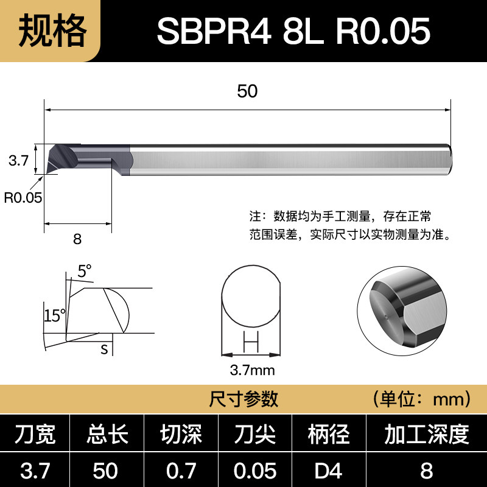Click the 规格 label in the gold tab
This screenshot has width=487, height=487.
(52, 30)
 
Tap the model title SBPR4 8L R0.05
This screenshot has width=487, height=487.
(293, 31)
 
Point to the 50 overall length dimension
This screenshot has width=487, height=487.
(247, 91)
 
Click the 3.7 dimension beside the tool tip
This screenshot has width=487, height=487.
(18, 160)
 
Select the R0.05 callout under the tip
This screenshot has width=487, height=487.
(23, 197)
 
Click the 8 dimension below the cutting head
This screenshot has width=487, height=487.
(77, 239)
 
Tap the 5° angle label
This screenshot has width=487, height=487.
(84, 271)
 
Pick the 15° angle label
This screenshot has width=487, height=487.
(55, 315)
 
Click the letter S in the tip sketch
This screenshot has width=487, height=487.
(104, 349)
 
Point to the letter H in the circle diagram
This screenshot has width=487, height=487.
(251, 342)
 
